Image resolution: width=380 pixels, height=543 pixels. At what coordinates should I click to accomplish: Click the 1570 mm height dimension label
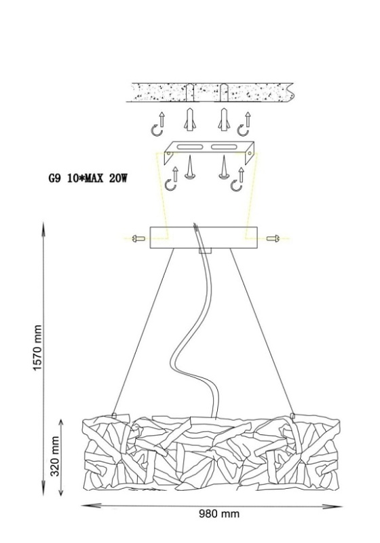37,348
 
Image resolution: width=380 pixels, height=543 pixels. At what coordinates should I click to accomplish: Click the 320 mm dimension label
55,456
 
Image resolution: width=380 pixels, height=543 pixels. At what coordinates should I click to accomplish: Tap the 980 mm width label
218,513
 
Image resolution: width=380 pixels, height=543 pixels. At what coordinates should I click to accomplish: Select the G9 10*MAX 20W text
88,179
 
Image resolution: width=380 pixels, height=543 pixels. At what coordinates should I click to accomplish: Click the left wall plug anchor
189,119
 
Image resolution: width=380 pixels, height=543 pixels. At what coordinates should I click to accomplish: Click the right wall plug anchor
224,119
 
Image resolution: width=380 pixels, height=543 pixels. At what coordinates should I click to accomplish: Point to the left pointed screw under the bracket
189,167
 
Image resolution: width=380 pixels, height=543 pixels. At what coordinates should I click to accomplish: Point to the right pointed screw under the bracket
224,167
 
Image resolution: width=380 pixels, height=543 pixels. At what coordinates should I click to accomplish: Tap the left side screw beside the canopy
139,238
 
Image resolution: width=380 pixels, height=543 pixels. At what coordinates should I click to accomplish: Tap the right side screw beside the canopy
273,238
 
